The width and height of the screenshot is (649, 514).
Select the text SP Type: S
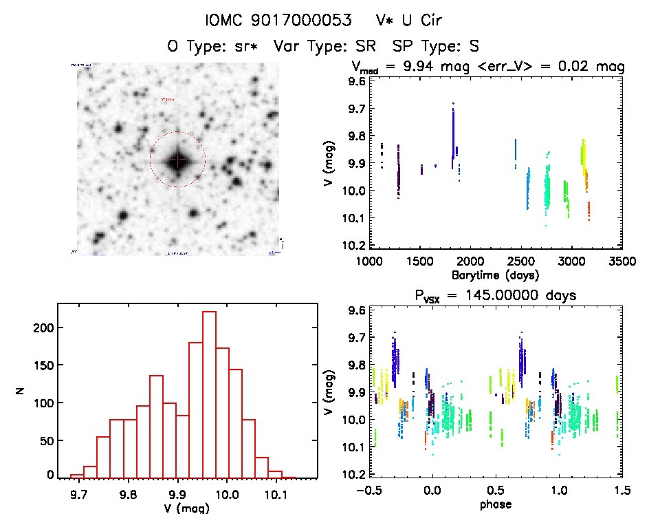(x=435, y=46)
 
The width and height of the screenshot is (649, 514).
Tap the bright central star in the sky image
(x=177, y=160)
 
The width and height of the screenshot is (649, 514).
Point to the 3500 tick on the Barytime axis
(x=621, y=261)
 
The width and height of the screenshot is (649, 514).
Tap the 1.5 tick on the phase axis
(x=621, y=491)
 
